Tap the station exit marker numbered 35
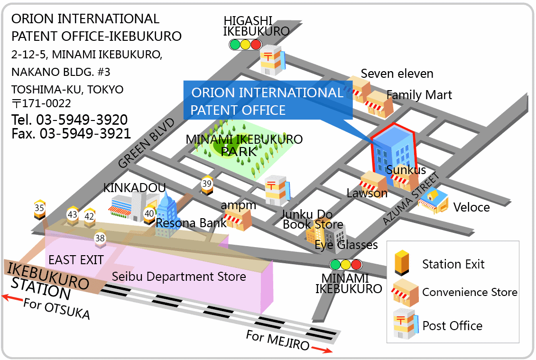pyautogui.click(x=40, y=209)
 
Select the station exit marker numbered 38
pyautogui.click(x=100, y=239)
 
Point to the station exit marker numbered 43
pyautogui.click(x=73, y=216)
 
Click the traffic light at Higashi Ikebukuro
pyautogui.click(x=245, y=45)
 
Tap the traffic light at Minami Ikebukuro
pyautogui.click(x=346, y=265)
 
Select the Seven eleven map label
pyautogui.click(x=397, y=74)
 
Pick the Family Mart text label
pyautogui.click(x=419, y=95)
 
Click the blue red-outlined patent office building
pyautogui.click(x=393, y=150)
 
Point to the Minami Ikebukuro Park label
pyautogui.click(x=244, y=145)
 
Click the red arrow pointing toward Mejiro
pyautogui.click(x=322, y=350)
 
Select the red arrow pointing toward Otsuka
pyautogui.click(x=12, y=298)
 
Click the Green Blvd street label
pyautogui.click(x=146, y=143)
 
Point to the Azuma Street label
pyautogui.click(x=411, y=199)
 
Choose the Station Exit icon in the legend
pyautogui.click(x=402, y=263)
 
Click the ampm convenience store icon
pyautogui.click(x=238, y=220)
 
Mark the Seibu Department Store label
pyautogui.click(x=179, y=277)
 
